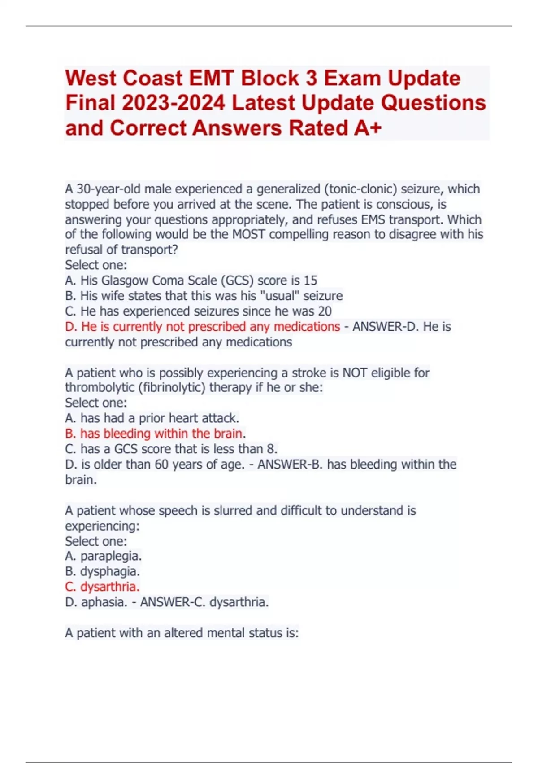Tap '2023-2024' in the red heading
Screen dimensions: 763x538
[173, 103]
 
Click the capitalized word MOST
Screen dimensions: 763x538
[249, 235]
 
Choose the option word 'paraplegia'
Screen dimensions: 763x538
[111, 556]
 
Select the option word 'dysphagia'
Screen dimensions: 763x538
[110, 571]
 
